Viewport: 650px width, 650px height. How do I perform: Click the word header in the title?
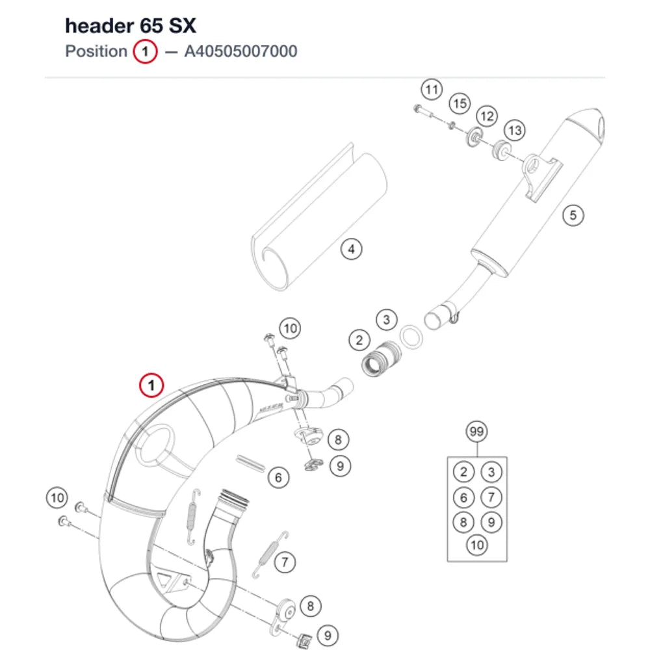tap(100, 26)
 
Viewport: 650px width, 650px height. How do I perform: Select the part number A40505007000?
tap(241, 51)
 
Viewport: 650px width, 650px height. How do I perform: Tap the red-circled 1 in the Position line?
tap(145, 51)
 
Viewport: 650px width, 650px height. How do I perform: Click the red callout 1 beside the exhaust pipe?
tap(151, 385)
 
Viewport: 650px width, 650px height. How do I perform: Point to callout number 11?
tap(432, 90)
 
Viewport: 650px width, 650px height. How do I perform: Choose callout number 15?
tap(460, 103)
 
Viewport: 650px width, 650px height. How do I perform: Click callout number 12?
tap(487, 116)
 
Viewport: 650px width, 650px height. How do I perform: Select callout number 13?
tap(514, 131)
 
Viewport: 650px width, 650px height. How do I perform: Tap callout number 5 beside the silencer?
tap(573, 215)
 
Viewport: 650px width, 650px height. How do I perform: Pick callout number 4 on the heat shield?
tap(351, 249)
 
